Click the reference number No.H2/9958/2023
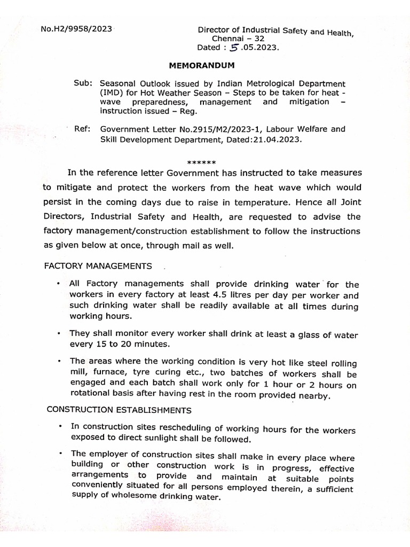[x=76, y=29]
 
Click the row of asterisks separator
[x=201, y=162]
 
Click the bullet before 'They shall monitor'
[x=58, y=332]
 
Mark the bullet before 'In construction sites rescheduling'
[x=61, y=426]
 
